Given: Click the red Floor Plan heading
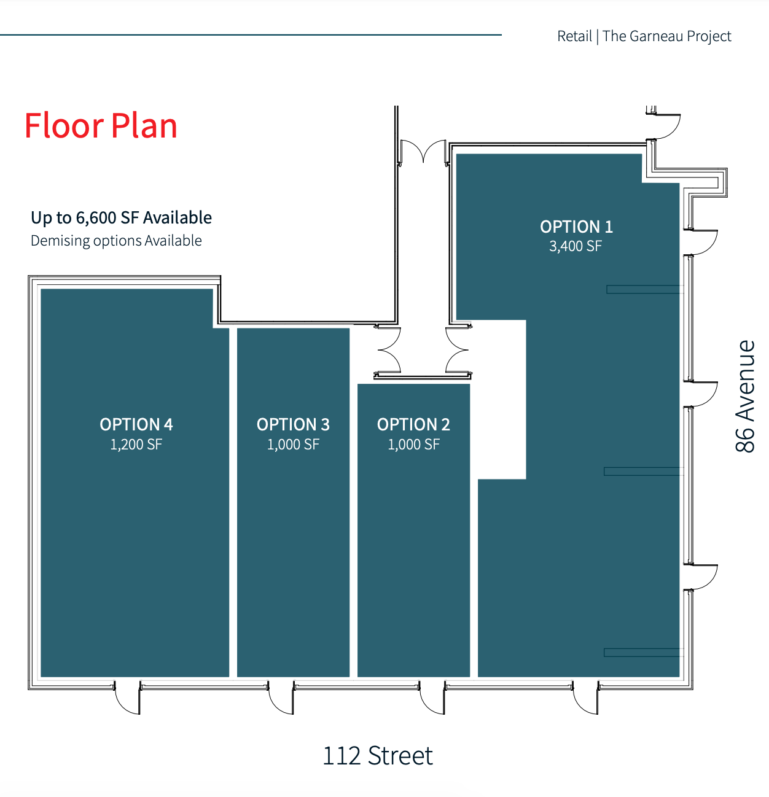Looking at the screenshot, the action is [x=101, y=125].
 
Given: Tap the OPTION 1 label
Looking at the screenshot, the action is [x=576, y=227].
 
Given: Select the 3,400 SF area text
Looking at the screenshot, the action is [x=575, y=246].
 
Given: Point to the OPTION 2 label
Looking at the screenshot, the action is [x=413, y=424].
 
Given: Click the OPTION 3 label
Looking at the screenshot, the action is [x=293, y=424].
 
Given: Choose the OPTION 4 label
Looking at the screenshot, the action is [x=136, y=424].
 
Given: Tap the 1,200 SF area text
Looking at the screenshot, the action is [x=136, y=445].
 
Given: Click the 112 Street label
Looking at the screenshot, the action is [x=377, y=756].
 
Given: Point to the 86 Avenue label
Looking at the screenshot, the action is [x=744, y=396].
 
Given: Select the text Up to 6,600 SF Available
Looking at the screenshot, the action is [x=121, y=217].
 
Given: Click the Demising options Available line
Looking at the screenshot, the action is [x=116, y=241].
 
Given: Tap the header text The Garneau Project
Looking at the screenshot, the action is [x=666, y=36].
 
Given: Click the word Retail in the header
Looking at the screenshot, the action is [x=574, y=36].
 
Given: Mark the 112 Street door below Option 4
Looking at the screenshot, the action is [x=127, y=698].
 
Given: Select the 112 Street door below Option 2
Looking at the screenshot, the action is [x=432, y=698].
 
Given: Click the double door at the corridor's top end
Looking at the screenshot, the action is [x=423, y=152].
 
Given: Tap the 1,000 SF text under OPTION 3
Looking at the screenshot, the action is [x=293, y=445].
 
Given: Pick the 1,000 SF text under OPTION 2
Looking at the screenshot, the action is [x=413, y=445].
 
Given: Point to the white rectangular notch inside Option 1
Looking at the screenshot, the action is [x=502, y=399].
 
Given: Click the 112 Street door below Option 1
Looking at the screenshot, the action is [x=585, y=698].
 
